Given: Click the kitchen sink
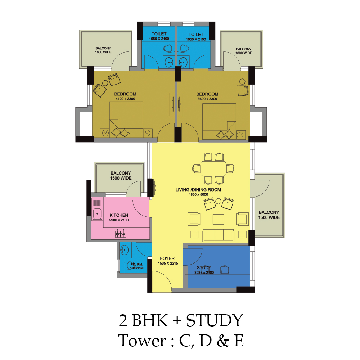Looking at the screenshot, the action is pos(97,214).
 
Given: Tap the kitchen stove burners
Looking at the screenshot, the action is pos(121,234).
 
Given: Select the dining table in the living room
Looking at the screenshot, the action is pos(213,168).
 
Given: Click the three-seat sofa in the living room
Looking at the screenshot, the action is pos(218,235).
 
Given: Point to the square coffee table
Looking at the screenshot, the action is pos(218,219).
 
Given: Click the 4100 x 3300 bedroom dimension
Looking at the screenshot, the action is pos(125,99).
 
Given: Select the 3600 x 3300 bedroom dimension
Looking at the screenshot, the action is pos(207,99).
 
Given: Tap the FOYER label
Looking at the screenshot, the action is pos(167,258).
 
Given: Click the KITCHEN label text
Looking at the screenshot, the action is pos(119,215).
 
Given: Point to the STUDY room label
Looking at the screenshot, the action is pos(204,268).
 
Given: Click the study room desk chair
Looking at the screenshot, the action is pos(225,270).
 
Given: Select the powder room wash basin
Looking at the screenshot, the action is pos(125,250).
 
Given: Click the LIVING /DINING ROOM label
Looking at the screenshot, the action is pos(198,190).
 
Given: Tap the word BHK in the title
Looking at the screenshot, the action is pos(150,320).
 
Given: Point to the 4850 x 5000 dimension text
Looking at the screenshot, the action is pos(198,195).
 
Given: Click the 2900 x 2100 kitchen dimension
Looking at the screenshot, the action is pos(119,220).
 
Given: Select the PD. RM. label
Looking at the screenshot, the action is pos(136,265).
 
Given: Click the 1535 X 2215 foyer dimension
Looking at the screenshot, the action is pos(168,264).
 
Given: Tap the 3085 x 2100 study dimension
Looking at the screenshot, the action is pos(204,273).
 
